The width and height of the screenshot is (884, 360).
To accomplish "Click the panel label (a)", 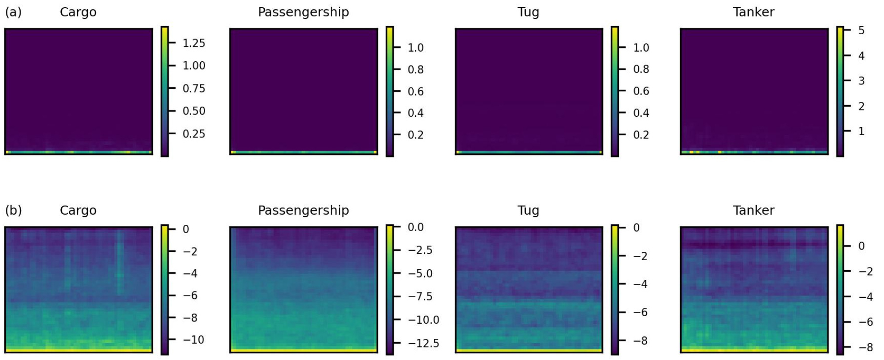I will coord(13,12).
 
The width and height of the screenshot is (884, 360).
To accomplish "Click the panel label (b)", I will coord(13,210).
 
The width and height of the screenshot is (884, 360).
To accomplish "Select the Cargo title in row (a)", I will coord(78,12).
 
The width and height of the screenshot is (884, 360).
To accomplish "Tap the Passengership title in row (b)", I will coord(303,210).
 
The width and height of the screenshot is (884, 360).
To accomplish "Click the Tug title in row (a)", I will coord(528,12).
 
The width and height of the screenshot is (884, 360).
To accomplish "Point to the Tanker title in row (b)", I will coord(753,210).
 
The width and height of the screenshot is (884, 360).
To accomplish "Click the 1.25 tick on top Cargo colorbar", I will coord(194,43).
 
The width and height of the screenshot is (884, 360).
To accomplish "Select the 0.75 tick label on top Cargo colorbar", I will coord(194,88).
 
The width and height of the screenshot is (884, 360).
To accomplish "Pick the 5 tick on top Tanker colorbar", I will coord(861,30).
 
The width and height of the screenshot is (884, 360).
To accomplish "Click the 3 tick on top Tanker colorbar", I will coord(861,81).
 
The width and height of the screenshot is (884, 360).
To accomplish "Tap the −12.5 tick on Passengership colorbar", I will coord(423,343).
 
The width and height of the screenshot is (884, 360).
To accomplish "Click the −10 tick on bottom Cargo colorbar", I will coord(193,340).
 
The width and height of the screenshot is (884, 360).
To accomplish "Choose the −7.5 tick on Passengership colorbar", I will coord(420,296).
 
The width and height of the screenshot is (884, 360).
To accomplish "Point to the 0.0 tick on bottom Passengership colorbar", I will coord(415,227).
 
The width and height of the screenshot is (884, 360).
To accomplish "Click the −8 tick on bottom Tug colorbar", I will coord(640,341).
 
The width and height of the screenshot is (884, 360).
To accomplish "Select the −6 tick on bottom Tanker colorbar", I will coord(866,322).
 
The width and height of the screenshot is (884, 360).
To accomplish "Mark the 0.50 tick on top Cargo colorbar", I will coord(194,111).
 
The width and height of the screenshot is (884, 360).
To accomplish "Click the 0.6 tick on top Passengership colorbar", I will coord(415,91).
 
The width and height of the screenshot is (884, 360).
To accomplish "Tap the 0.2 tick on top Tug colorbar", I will coord(641,135).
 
